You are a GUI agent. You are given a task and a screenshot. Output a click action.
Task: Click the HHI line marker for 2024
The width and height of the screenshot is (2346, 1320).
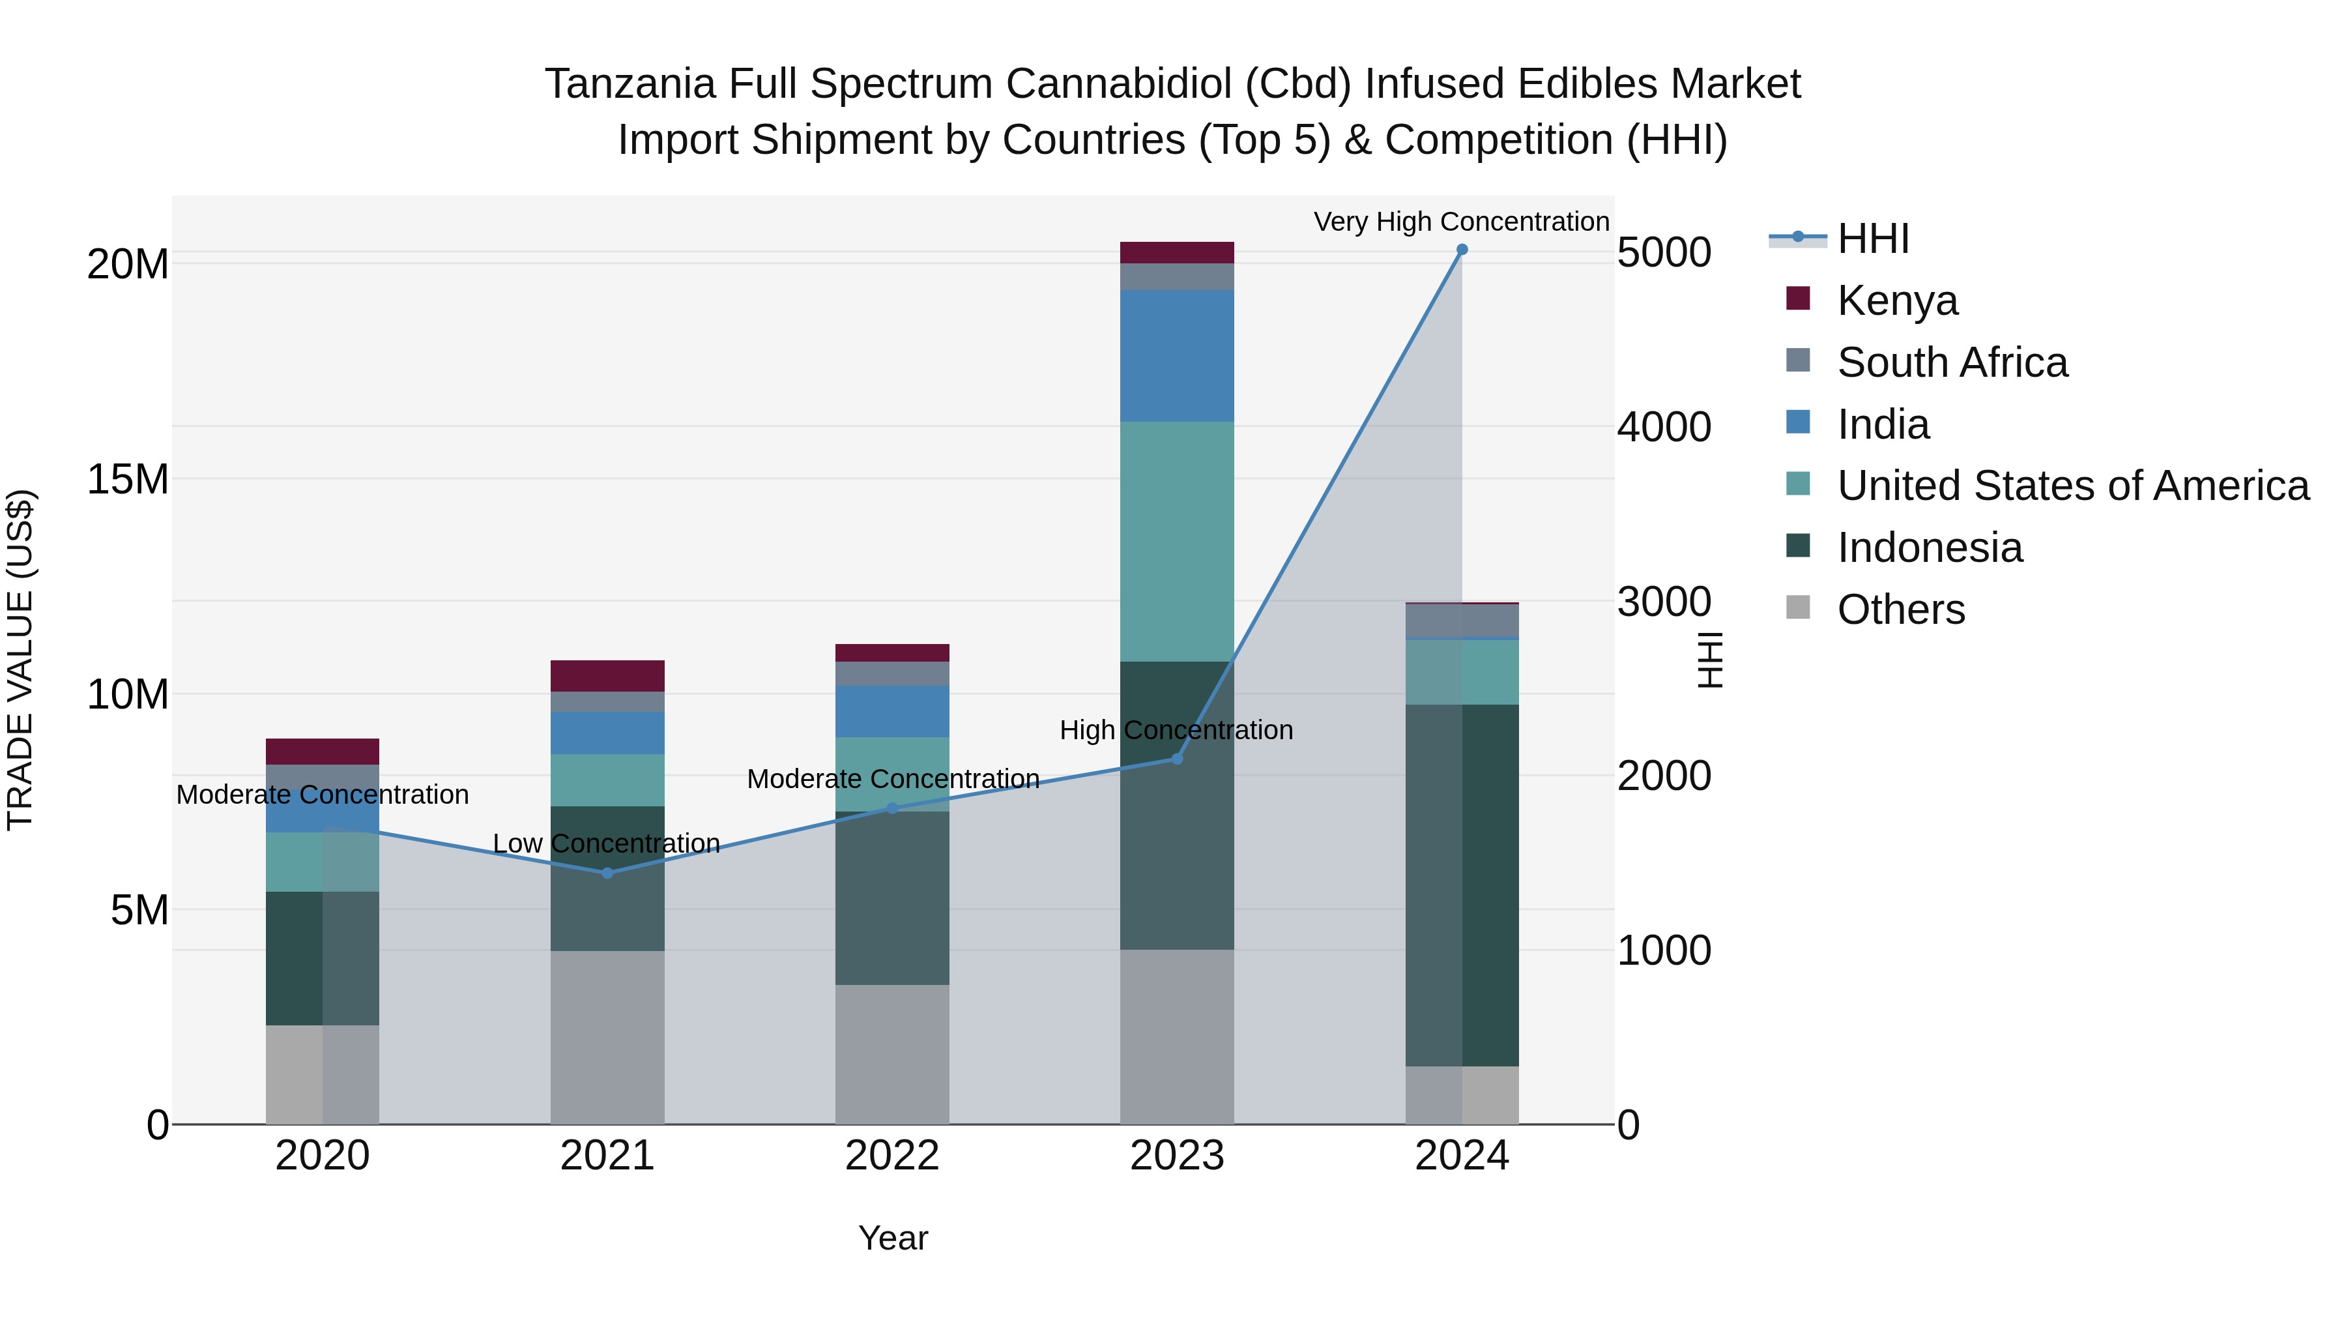(x=1462, y=250)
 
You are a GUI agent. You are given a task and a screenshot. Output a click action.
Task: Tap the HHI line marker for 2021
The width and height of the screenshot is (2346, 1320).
(x=607, y=873)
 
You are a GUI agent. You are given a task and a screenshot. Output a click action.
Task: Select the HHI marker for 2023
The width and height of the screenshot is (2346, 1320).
(x=1177, y=759)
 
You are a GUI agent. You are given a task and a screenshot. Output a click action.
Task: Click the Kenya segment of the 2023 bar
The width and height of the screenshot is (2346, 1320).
(x=1177, y=252)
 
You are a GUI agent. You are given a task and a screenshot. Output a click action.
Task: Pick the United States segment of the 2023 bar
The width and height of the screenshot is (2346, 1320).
(x=1177, y=541)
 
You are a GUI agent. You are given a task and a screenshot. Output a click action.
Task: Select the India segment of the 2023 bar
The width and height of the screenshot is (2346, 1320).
(x=1177, y=355)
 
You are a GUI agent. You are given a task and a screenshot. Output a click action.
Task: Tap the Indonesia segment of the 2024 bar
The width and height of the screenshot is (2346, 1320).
(x=1462, y=885)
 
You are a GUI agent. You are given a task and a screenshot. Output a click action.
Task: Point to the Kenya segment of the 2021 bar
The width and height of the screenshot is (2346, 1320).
(x=607, y=676)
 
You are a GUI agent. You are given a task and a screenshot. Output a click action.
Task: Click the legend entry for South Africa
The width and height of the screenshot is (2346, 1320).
(x=1952, y=362)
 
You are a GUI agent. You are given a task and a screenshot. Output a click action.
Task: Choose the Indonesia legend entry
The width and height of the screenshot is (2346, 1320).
(x=1929, y=548)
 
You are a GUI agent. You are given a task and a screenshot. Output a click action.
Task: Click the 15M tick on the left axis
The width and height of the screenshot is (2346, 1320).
(x=128, y=480)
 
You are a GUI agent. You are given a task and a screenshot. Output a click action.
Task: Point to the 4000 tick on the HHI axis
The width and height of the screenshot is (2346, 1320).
(x=1664, y=427)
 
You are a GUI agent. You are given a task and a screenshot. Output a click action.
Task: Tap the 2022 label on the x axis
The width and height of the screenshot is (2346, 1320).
(x=891, y=1156)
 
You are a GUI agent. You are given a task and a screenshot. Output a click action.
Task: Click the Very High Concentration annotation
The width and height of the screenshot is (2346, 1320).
(x=1461, y=222)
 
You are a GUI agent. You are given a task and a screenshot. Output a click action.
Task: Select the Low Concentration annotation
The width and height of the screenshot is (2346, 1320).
(x=607, y=843)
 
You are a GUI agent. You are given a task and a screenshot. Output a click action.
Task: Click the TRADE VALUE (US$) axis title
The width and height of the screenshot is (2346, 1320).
(x=21, y=660)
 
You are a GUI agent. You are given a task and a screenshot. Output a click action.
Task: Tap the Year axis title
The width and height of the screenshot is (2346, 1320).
(x=893, y=1238)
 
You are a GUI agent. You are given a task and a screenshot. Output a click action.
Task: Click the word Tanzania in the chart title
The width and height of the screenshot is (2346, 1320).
(x=630, y=84)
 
